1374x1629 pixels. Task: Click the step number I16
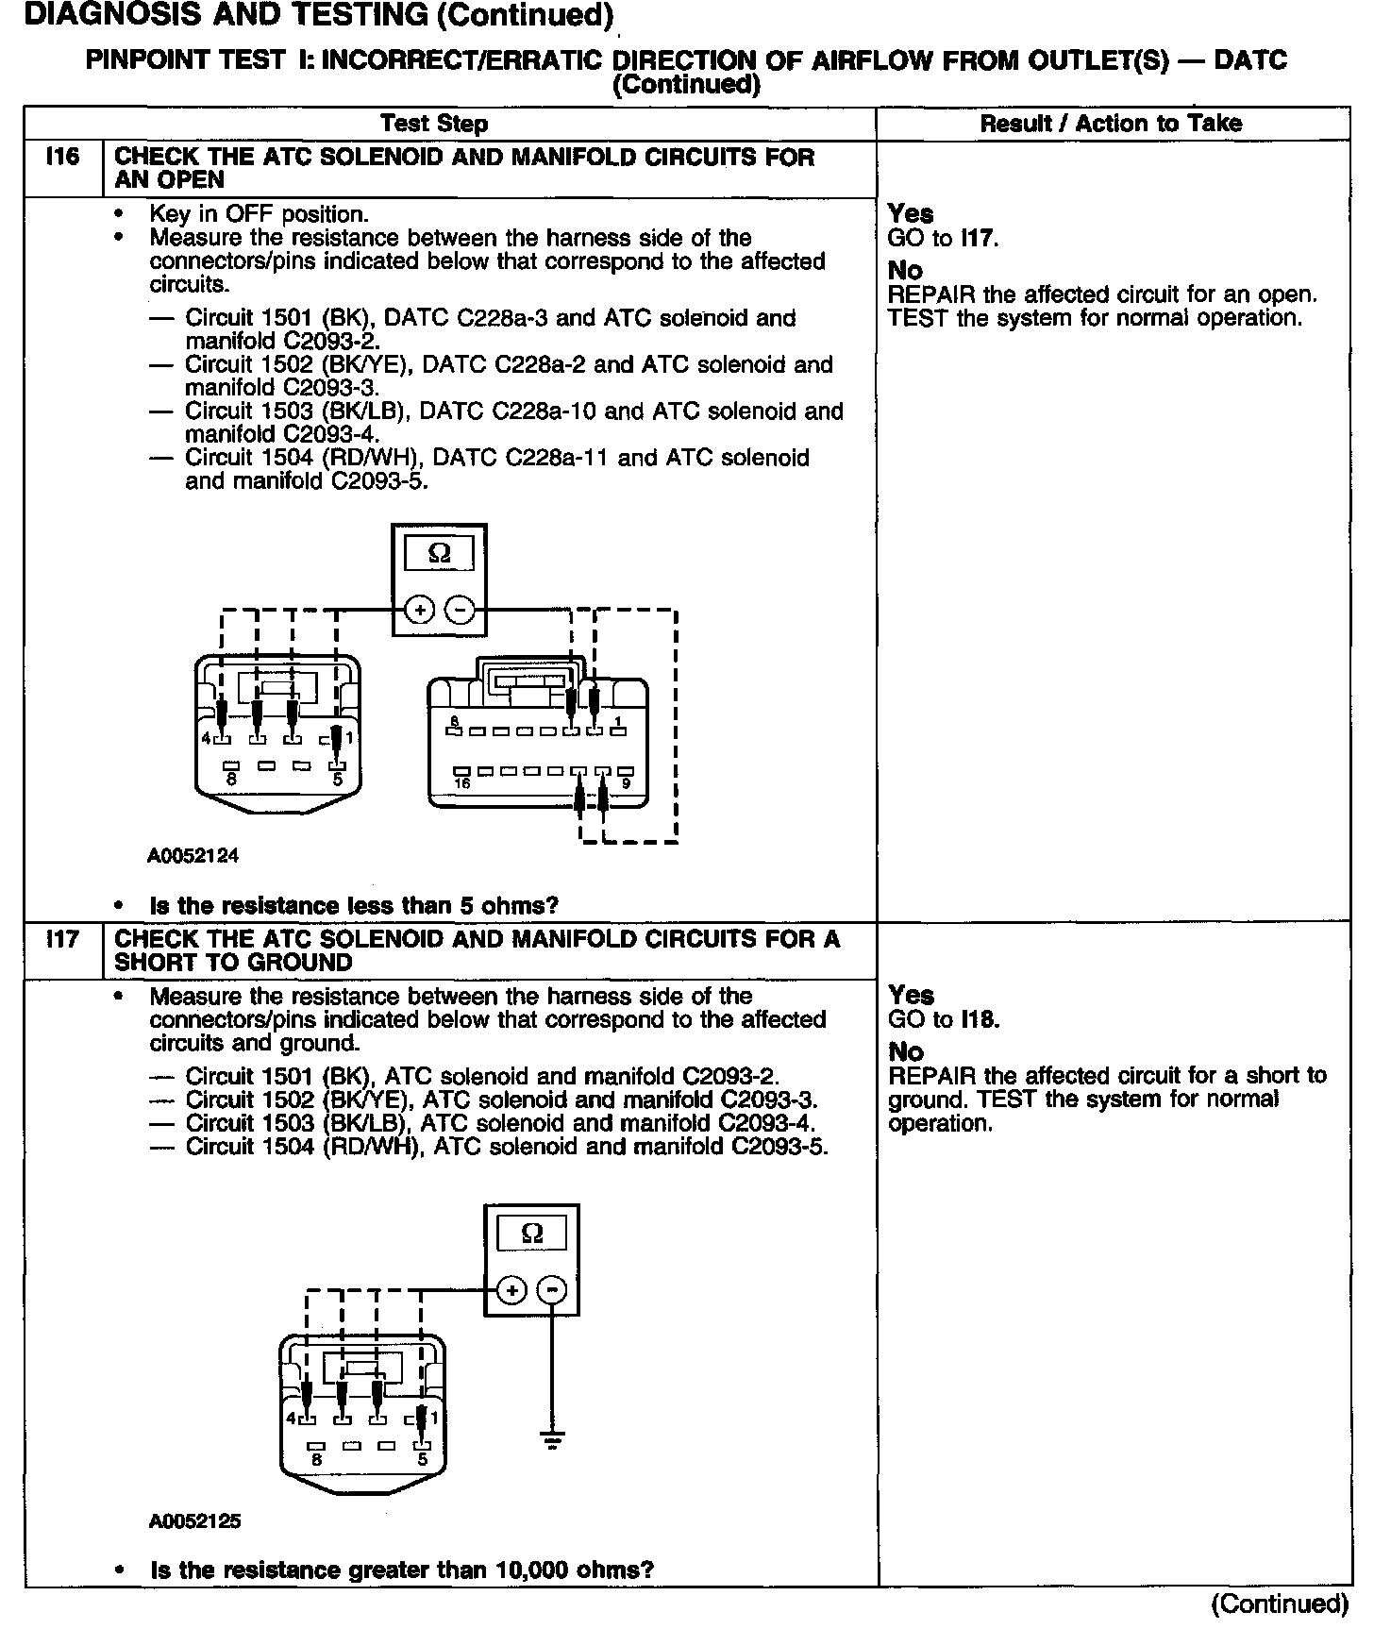pos(62,157)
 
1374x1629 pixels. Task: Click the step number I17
pos(62,940)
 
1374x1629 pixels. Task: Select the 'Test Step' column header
pos(434,124)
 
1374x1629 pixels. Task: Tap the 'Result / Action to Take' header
pos(1111,124)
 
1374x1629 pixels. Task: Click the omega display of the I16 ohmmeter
pos(440,554)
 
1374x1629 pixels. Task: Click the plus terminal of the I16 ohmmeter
pos(419,611)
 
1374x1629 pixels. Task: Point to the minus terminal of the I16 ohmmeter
pos(460,611)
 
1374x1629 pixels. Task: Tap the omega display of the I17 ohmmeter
pos(532,1234)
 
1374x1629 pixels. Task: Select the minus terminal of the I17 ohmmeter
pos(553,1290)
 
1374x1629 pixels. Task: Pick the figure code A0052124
pos(193,856)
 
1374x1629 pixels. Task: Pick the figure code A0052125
pos(194,1521)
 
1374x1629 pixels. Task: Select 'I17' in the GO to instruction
pos(978,238)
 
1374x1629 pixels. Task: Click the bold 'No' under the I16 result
pos(905,271)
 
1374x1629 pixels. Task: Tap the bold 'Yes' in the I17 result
pos(911,995)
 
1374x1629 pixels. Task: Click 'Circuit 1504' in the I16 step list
pos(248,459)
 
